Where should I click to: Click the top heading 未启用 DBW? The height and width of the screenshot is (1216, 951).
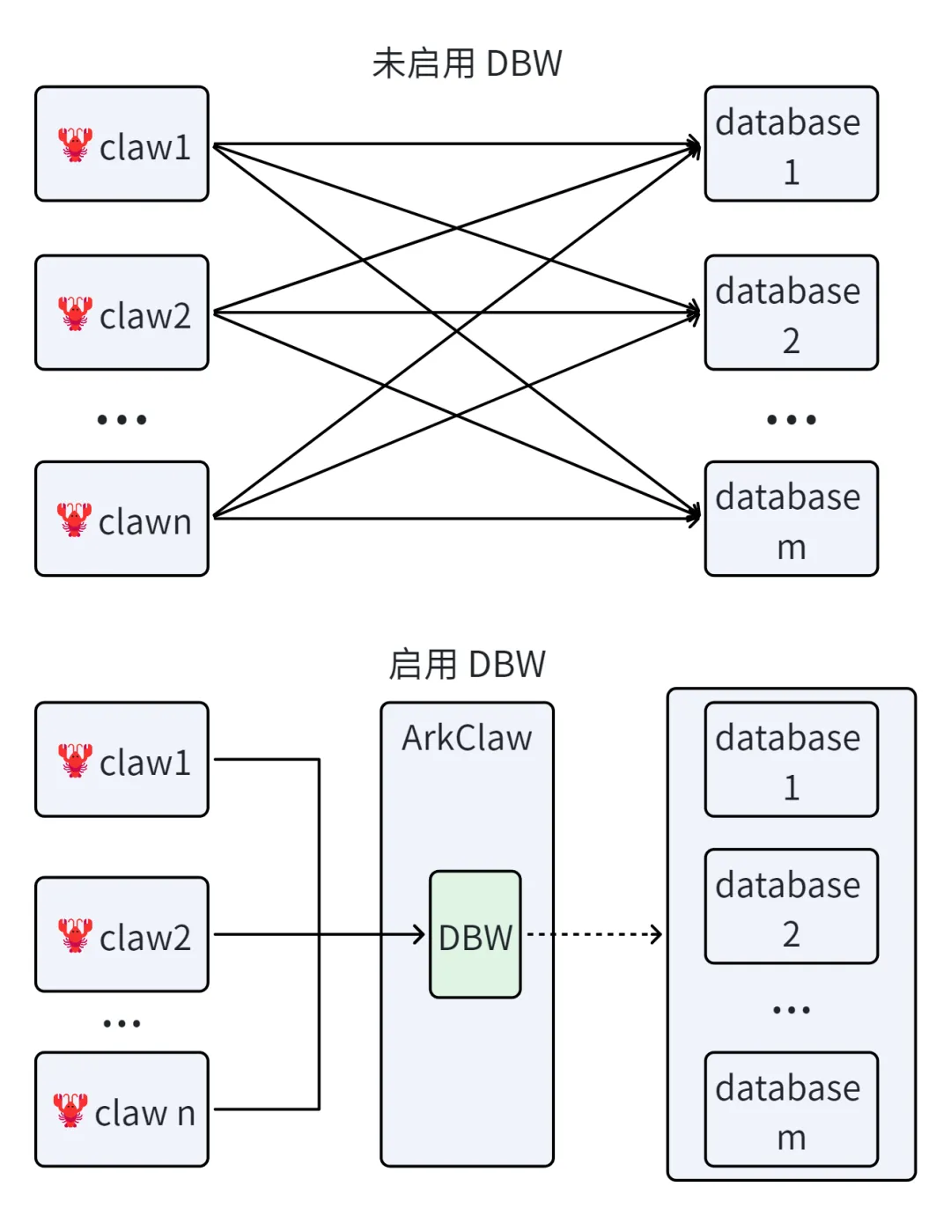[x=467, y=63]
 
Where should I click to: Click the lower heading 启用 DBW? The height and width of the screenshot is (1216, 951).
[x=467, y=664]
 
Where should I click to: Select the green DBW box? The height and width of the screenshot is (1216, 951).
[x=475, y=934]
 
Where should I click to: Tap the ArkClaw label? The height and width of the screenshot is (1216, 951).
[x=467, y=738]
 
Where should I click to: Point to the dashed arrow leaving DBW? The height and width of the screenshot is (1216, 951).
[x=594, y=934]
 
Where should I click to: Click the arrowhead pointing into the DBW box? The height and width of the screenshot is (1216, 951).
[x=419, y=934]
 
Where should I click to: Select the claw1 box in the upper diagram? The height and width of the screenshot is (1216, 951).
[x=122, y=144]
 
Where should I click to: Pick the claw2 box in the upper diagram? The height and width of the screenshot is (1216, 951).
[x=122, y=313]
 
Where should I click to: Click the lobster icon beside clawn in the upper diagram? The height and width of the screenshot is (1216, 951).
[x=74, y=520]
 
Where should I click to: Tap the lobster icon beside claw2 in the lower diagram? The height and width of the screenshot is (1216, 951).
[x=75, y=935]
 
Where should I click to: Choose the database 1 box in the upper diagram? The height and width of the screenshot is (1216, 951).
[x=791, y=144]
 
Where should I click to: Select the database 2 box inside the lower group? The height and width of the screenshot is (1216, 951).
[x=791, y=907]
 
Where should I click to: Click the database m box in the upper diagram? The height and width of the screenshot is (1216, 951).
[x=791, y=519]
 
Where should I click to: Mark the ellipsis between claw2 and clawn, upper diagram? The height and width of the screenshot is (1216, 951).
[x=122, y=419]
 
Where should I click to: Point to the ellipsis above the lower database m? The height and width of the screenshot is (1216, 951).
[x=791, y=1010]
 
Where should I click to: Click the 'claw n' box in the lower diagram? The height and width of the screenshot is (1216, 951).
[x=122, y=1109]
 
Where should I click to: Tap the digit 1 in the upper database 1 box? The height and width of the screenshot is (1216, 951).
[x=791, y=172]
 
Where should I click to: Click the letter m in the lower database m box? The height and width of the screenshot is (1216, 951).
[x=791, y=1139]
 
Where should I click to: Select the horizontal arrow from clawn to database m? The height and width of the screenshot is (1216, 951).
[x=457, y=518]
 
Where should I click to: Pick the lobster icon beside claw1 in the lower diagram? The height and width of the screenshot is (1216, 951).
[x=75, y=761]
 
